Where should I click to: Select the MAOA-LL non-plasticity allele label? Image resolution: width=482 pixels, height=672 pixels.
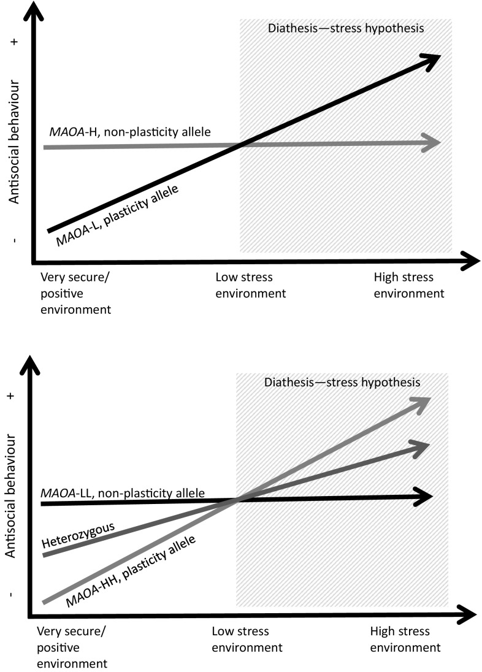pyautogui.click(x=123, y=492)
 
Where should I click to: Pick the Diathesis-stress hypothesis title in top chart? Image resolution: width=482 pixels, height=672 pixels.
pyautogui.click(x=346, y=28)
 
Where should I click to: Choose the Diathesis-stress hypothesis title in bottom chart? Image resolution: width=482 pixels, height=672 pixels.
pyautogui.click(x=342, y=382)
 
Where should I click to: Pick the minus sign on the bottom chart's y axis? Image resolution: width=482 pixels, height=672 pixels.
pyautogui.click(x=12, y=595)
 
